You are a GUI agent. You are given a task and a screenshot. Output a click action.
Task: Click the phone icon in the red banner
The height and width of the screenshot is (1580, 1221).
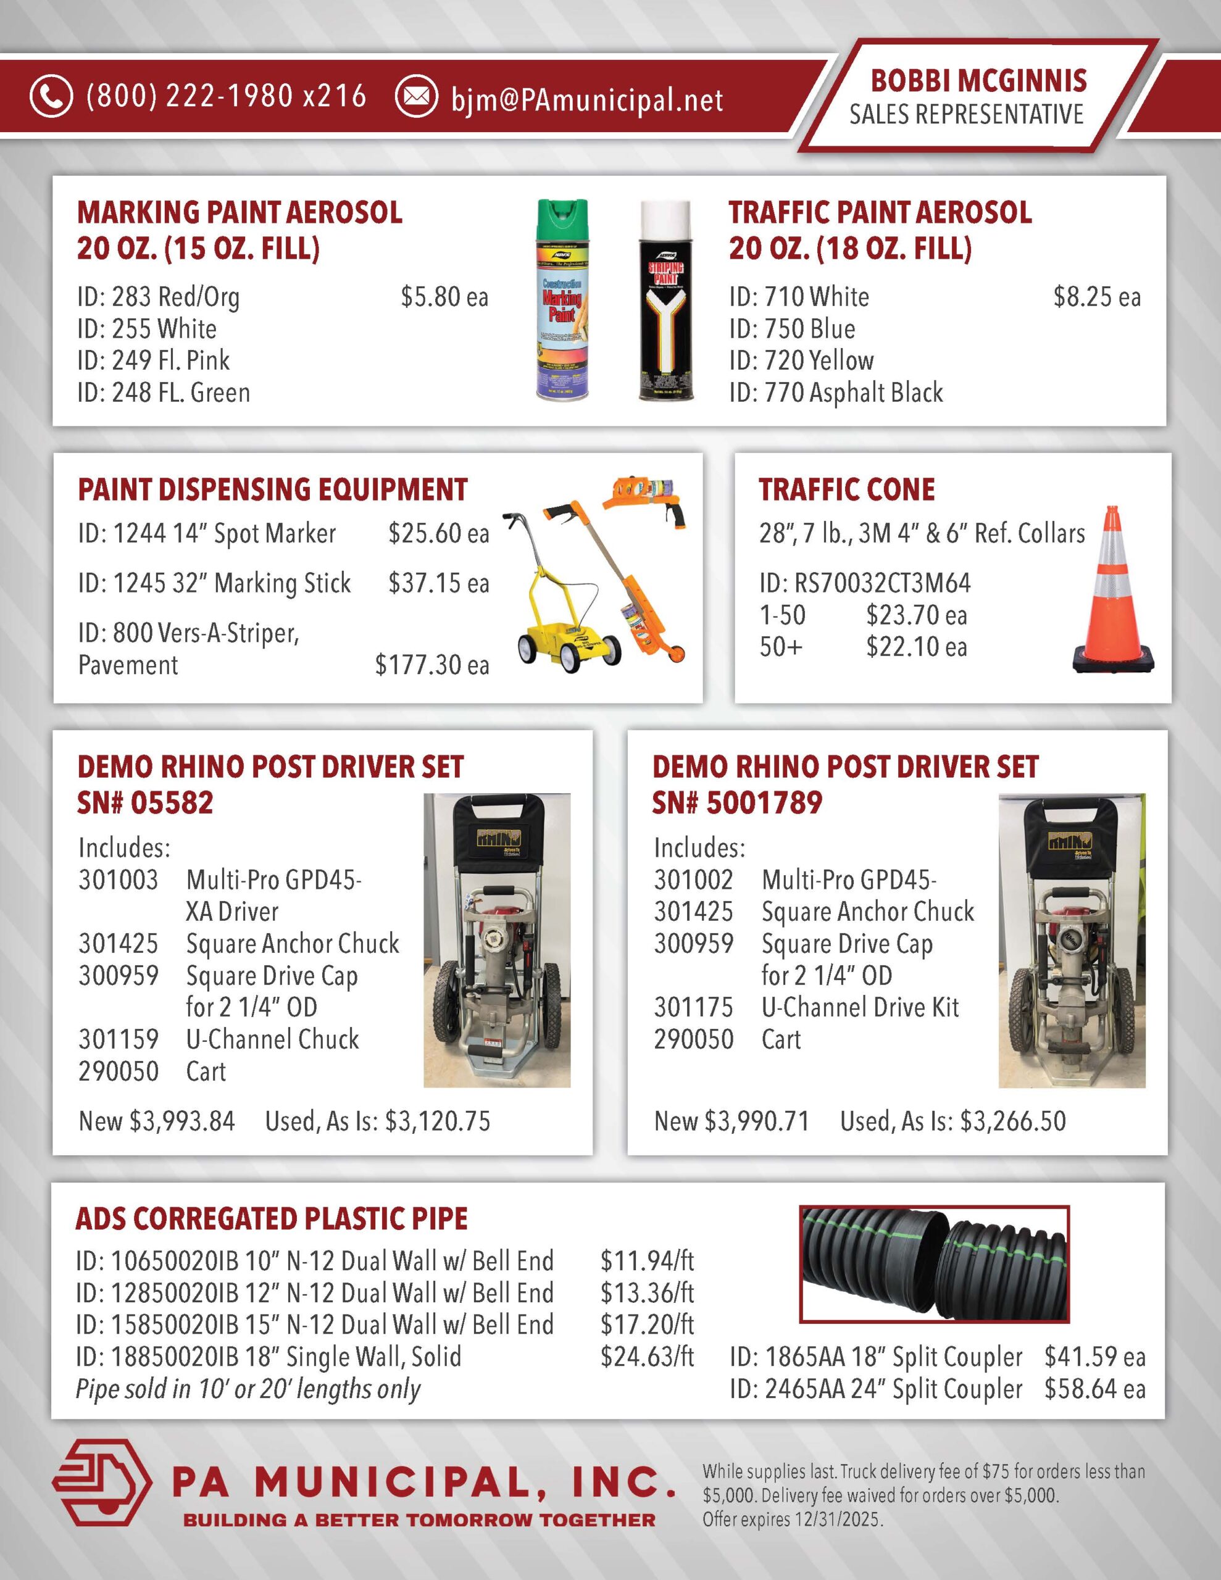51,96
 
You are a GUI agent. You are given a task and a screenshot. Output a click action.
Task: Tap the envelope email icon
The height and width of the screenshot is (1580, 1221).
416,96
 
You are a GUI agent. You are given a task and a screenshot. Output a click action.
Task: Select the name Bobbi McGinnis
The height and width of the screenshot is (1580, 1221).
978,81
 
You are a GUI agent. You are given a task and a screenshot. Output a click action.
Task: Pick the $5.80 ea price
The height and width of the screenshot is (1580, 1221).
444,297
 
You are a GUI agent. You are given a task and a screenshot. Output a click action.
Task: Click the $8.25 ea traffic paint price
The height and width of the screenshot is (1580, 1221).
1096,297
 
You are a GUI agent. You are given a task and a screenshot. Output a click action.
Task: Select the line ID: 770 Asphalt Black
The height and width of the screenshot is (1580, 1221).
836,393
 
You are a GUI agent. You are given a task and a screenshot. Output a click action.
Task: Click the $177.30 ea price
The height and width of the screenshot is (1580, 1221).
431,665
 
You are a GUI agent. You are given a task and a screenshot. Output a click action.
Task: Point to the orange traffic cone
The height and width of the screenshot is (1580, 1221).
1112,590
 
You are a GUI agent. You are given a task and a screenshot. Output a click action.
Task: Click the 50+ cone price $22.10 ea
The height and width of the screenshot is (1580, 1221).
916,647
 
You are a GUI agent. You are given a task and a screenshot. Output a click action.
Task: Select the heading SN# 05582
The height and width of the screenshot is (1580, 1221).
146,803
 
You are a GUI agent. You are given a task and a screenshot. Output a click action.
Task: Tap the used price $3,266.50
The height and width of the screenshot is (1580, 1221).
1012,1121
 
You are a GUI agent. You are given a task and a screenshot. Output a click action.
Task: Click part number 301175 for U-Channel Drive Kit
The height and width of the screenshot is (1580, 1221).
693,1007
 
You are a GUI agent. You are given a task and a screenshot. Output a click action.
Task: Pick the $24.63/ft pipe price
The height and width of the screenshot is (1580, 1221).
647,1357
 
